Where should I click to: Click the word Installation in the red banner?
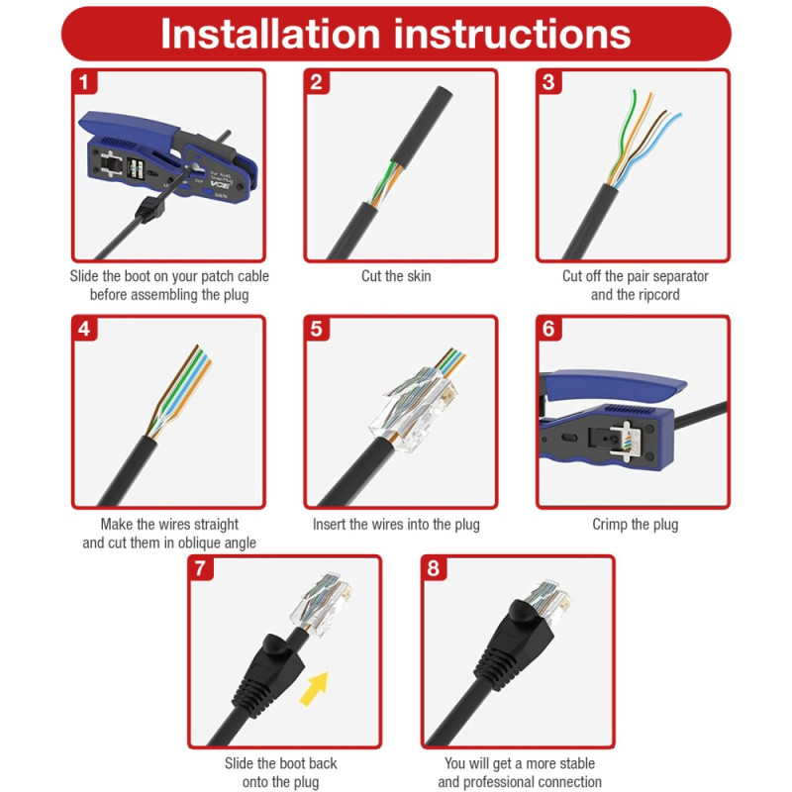[270, 34]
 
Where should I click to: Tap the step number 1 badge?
[84, 82]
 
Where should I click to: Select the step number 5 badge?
[316, 329]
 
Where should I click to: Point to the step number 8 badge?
[434, 568]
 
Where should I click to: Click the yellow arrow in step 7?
[314, 688]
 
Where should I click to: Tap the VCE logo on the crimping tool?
[220, 186]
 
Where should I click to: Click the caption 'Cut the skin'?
[396, 276]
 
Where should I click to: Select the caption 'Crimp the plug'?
[635, 525]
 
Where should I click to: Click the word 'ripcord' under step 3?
[656, 295]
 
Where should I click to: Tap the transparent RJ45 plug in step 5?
[414, 407]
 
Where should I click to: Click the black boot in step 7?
[268, 670]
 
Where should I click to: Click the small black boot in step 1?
[150, 210]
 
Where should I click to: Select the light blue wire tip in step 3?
[677, 116]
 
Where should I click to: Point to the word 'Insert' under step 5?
[330, 525]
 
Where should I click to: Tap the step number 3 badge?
[548, 82]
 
